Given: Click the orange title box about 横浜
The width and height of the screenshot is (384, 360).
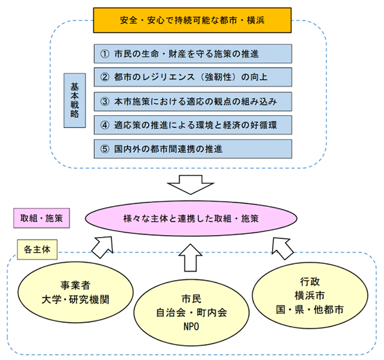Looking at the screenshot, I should [192, 20].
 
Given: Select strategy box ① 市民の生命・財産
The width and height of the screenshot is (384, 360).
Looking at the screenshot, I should [192, 53].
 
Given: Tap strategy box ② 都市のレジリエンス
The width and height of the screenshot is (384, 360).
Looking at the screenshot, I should [192, 78].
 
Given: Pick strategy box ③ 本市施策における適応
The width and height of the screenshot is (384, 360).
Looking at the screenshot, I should [192, 101].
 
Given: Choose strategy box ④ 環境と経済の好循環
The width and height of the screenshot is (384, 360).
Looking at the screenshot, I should [192, 125].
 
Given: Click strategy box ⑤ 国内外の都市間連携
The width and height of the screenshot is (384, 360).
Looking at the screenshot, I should [192, 149].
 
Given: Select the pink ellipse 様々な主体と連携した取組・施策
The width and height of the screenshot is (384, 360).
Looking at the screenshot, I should [191, 218].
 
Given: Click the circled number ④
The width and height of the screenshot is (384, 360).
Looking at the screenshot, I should [106, 125].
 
